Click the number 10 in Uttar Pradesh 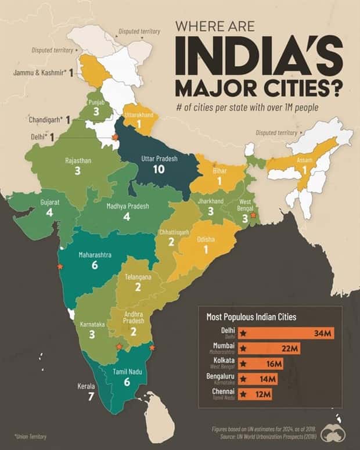(x=159, y=169)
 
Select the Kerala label (x=86, y=386)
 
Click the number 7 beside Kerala (x=90, y=397)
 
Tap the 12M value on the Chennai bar (x=262, y=394)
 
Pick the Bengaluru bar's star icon (x=244, y=379)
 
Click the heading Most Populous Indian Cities (x=251, y=317)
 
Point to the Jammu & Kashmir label (x=39, y=73)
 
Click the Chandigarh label (x=46, y=120)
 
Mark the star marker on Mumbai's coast (x=59, y=267)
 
